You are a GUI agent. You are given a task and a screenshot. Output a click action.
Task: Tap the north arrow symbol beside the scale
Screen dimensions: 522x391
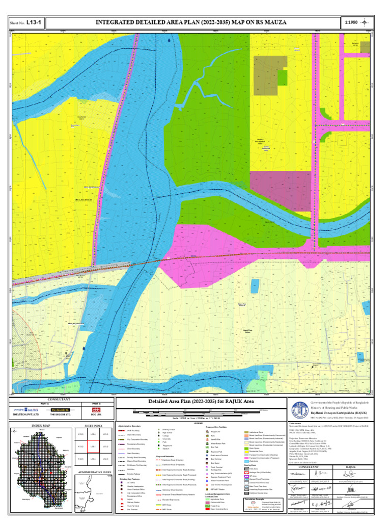click(x=368, y=22)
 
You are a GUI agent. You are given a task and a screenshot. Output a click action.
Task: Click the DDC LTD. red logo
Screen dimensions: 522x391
click(x=96, y=409)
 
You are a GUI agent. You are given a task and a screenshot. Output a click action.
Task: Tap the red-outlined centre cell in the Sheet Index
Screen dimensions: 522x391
click(x=93, y=447)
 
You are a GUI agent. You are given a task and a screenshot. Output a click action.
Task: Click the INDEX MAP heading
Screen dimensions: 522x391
click(x=41, y=425)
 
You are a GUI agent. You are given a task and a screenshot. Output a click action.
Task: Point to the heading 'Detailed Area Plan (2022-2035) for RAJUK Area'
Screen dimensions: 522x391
click(x=202, y=402)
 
